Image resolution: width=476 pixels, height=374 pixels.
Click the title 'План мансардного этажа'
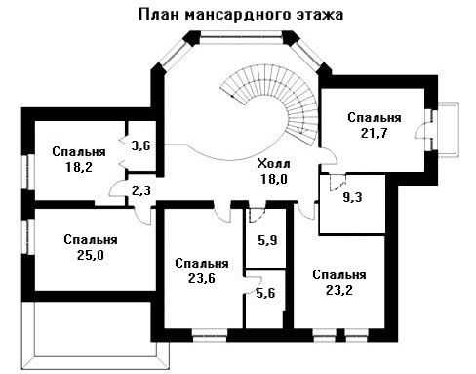tap(241, 15)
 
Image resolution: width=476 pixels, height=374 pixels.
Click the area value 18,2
tap(79, 167)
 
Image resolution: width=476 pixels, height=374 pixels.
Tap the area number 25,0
tap(91, 255)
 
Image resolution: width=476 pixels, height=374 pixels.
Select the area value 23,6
tap(202, 278)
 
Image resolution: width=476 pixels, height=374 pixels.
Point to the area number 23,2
tap(339, 290)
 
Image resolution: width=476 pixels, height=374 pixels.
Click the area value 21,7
tap(374, 133)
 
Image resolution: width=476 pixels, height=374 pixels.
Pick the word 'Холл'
tap(273, 163)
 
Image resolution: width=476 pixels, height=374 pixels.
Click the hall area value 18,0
tap(274, 179)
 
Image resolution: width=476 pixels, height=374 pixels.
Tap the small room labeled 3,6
tap(141, 145)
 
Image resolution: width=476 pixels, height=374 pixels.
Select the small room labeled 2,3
tap(141, 190)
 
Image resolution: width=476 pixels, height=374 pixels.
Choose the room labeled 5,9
tap(267, 240)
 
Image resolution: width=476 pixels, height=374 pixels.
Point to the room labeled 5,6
tap(265, 293)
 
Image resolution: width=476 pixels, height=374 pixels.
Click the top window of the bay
tap(241, 38)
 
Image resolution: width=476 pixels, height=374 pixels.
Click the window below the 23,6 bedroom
tap(210, 335)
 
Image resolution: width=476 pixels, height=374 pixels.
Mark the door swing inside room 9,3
tap(337, 183)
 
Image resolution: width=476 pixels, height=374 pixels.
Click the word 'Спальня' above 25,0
tap(91, 240)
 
